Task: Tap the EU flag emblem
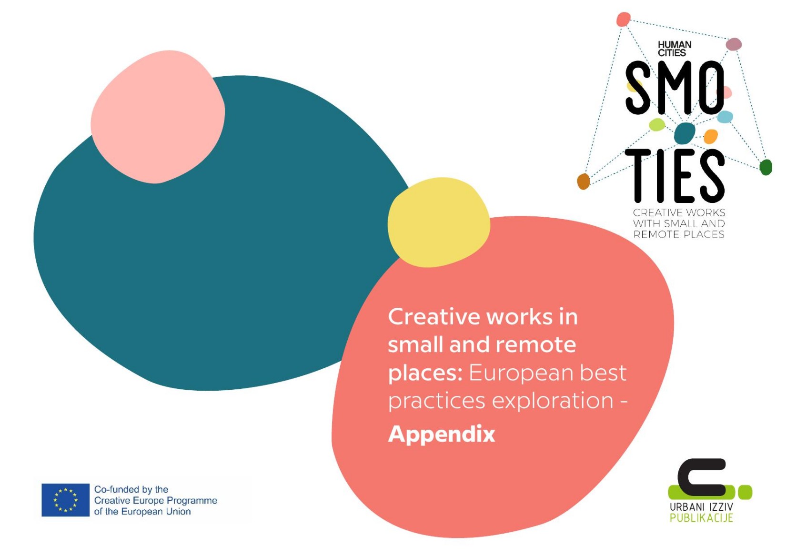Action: tap(66, 500)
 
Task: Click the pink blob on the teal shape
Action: tap(158, 117)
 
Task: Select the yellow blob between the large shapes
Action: tap(439, 222)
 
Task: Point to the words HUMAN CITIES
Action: tap(675, 49)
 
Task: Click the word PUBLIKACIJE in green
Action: tap(701, 518)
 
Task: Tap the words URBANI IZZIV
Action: tap(701, 507)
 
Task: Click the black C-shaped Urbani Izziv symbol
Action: tap(701, 477)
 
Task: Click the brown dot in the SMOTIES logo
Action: tap(583, 182)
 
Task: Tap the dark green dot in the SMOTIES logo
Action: tap(766, 167)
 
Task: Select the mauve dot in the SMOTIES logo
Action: tap(734, 44)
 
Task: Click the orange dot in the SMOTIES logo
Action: tap(711, 137)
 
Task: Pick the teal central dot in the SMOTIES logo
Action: tap(685, 133)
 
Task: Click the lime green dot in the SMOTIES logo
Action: tap(657, 124)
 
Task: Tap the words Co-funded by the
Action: tap(131, 489)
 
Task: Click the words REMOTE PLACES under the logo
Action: tap(679, 234)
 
